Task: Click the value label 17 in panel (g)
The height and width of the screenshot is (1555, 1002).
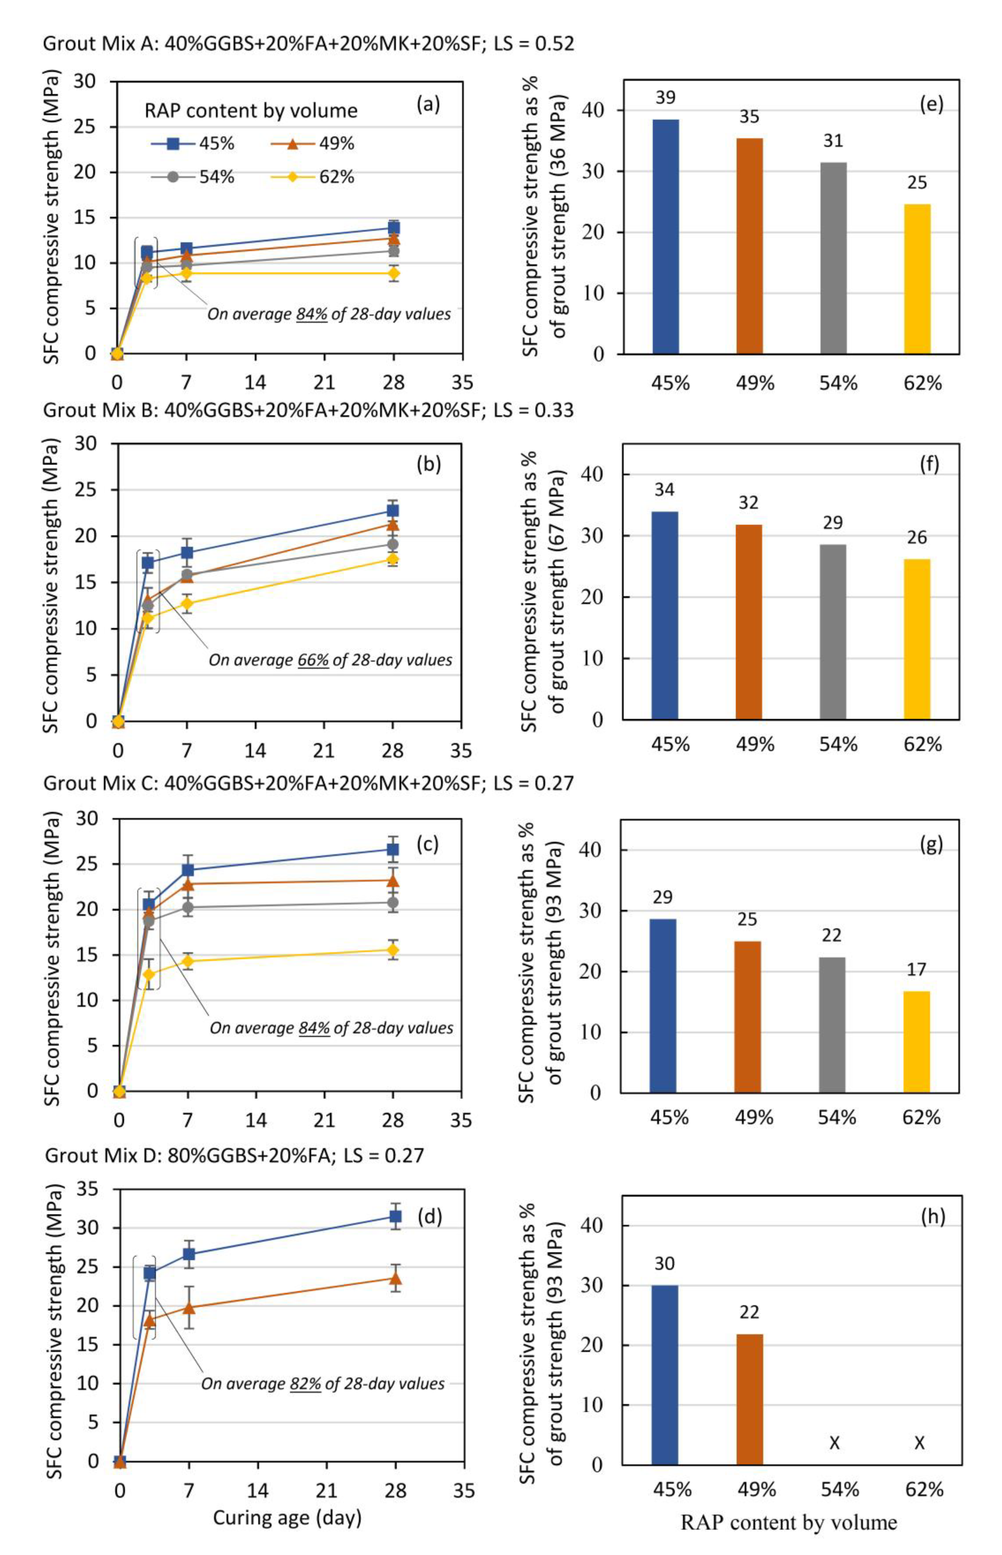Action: [916, 969]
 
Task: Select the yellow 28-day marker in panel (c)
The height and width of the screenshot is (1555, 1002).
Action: [393, 950]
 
